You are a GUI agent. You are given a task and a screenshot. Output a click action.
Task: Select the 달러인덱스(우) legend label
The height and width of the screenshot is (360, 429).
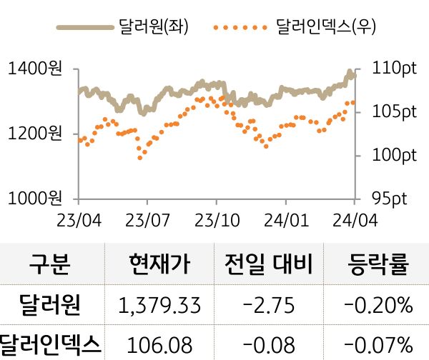326,27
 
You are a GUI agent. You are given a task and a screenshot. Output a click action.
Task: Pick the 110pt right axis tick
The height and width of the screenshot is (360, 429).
394,69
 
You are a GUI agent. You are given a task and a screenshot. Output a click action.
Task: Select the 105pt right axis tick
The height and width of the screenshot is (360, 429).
394,111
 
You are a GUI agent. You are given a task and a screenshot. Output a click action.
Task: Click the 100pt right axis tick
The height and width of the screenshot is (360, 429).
394,154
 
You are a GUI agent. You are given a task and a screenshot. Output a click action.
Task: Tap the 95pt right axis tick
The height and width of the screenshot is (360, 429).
390,197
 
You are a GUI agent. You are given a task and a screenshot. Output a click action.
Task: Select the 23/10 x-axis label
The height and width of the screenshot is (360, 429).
216,218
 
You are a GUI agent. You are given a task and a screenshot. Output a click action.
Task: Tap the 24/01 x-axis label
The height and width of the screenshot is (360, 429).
285,218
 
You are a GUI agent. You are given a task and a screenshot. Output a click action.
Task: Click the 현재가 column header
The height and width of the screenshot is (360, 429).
160,265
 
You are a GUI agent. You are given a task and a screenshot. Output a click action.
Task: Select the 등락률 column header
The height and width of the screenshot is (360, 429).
378,265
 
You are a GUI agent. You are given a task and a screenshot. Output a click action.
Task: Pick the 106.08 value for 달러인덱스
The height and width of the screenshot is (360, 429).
160,345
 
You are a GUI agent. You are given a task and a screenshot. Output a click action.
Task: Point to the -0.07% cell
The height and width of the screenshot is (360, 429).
378,345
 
